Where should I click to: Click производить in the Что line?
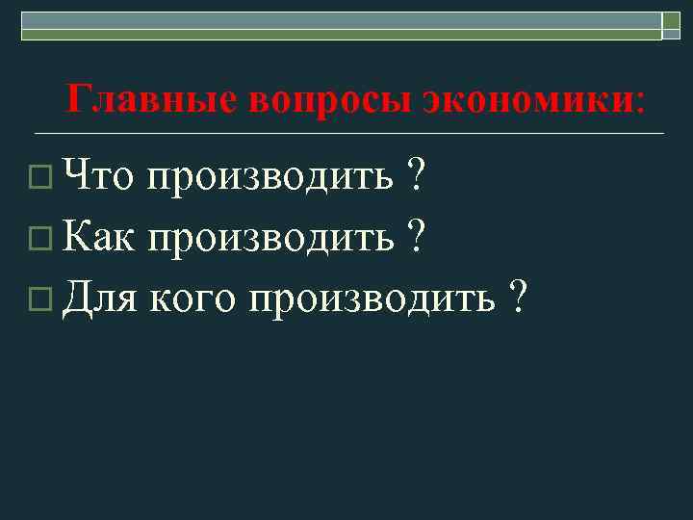(x=271, y=177)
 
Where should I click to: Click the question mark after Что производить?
(x=416, y=175)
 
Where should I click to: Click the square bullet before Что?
(x=38, y=178)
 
